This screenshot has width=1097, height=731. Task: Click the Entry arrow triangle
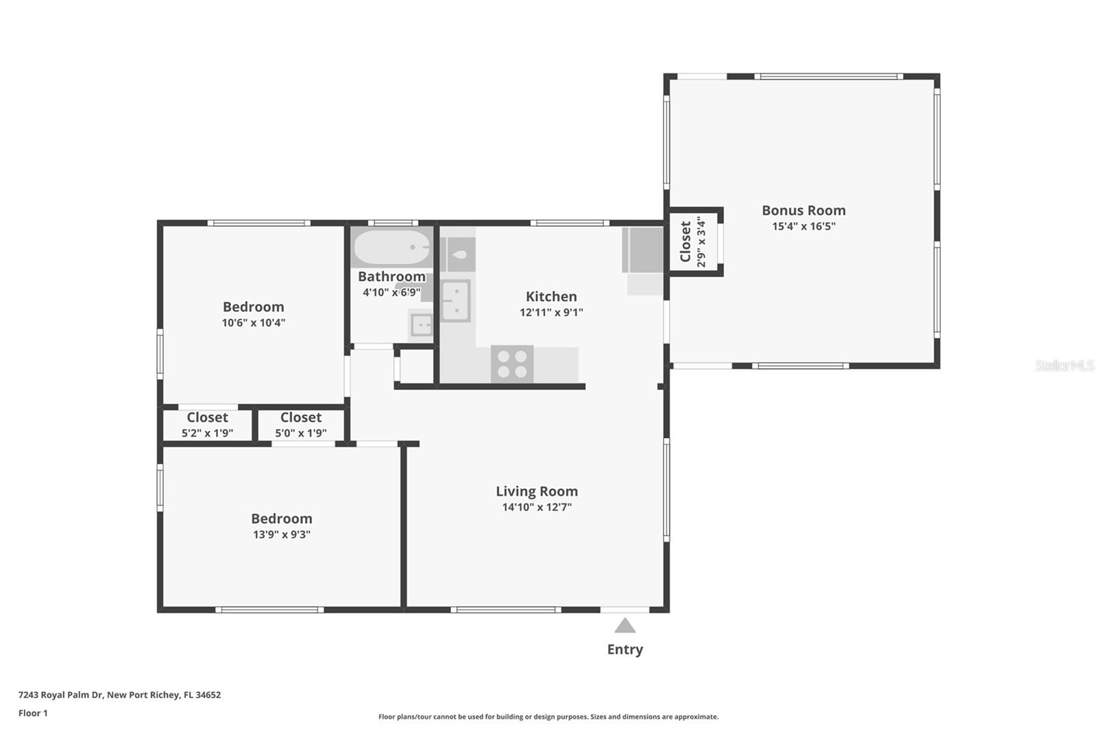point(625,625)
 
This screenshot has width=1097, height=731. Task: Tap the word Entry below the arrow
point(625,649)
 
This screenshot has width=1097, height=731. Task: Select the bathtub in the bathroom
point(391,247)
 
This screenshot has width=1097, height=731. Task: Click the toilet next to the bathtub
point(458,254)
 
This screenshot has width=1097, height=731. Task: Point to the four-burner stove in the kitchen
point(512,364)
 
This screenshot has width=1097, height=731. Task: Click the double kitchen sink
point(455,300)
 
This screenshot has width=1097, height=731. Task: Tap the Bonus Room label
point(804,211)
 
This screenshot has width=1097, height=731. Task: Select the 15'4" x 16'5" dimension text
point(804,226)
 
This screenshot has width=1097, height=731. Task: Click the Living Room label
point(537,491)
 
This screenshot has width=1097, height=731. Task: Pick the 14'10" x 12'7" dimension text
point(537,507)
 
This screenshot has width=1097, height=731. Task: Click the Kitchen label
point(551,296)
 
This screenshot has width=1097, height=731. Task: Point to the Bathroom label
point(391,276)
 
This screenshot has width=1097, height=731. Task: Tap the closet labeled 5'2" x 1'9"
point(207,424)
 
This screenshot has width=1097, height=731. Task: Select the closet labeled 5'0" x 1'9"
point(300,424)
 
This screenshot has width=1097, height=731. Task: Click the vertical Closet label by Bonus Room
point(685,241)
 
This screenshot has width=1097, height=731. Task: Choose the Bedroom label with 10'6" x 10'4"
point(253,307)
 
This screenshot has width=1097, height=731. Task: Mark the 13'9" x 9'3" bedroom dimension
point(282,535)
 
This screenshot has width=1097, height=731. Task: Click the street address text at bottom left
point(119,695)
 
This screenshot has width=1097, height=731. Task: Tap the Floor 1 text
point(33,713)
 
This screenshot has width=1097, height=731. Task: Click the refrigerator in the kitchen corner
point(643,250)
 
